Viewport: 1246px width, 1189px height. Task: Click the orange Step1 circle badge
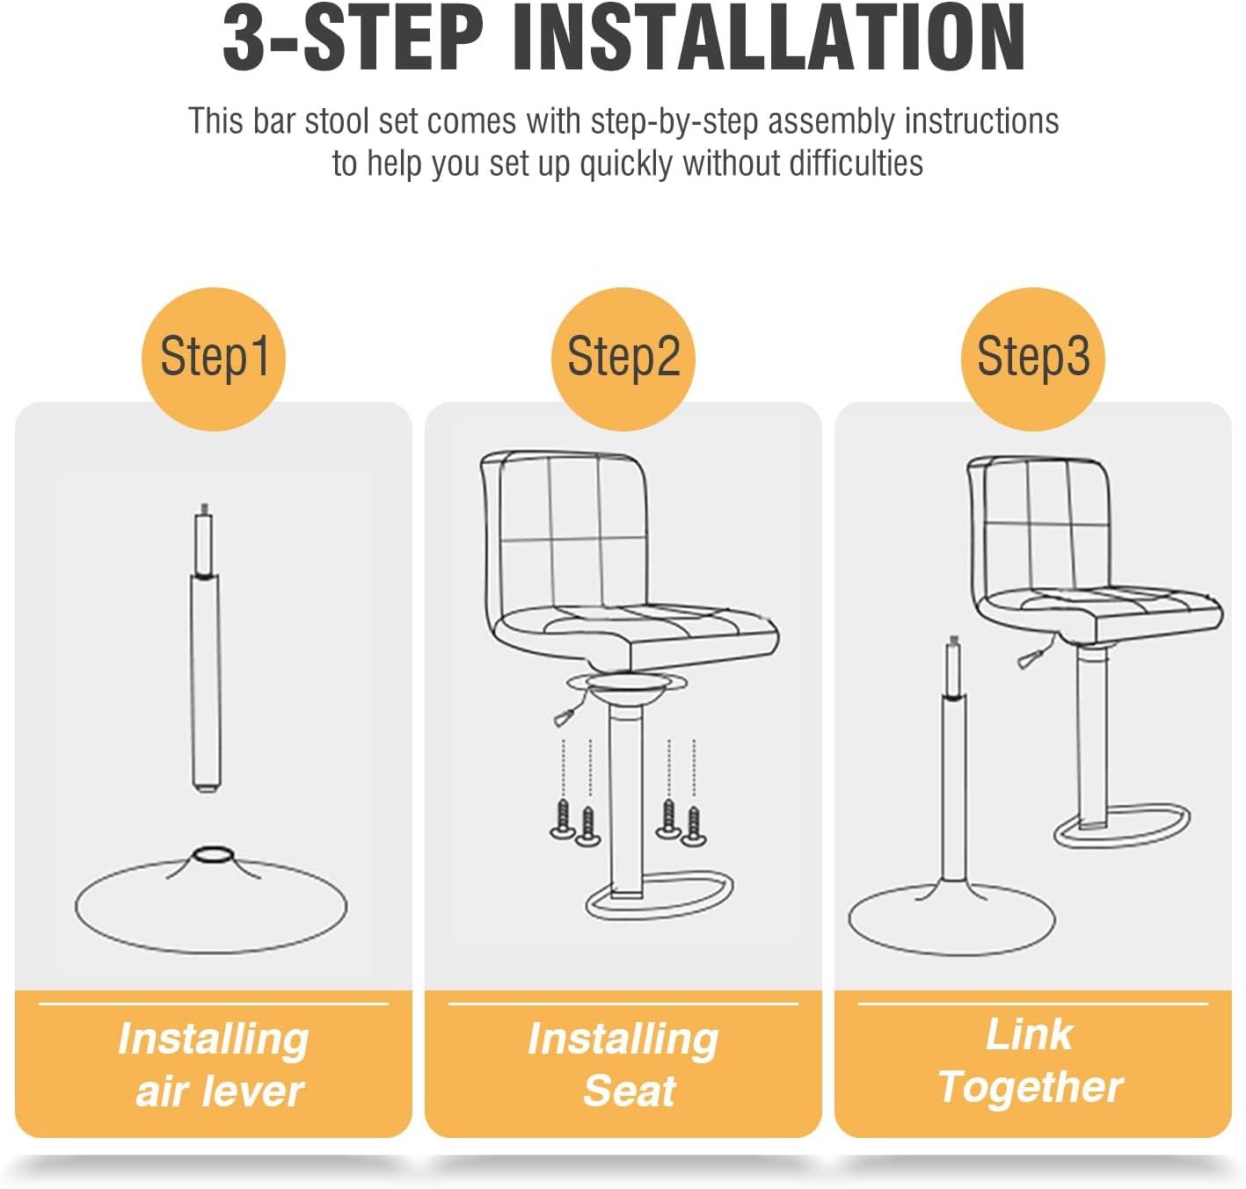(214, 358)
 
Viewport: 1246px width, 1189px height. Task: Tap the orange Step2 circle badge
(623, 358)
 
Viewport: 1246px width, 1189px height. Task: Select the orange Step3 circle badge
(1033, 358)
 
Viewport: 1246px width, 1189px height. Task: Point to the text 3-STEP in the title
(353, 40)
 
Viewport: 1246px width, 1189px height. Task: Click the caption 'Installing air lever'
(214, 1064)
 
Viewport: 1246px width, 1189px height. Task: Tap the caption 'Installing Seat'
(623, 1064)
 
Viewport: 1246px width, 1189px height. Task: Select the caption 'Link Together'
(1031, 1061)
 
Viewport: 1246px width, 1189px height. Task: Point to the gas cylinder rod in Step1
(205, 677)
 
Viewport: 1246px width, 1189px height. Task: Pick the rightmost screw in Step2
(694, 826)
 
